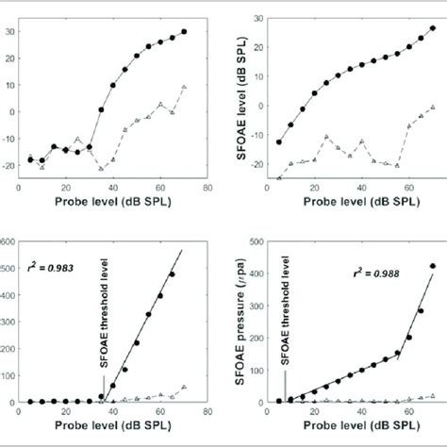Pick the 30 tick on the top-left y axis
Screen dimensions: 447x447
point(10,30)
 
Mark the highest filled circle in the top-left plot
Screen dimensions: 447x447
point(184,32)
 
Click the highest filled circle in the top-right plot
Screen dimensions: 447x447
point(433,28)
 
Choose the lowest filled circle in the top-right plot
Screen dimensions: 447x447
point(278,142)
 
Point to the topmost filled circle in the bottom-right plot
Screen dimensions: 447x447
point(433,266)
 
